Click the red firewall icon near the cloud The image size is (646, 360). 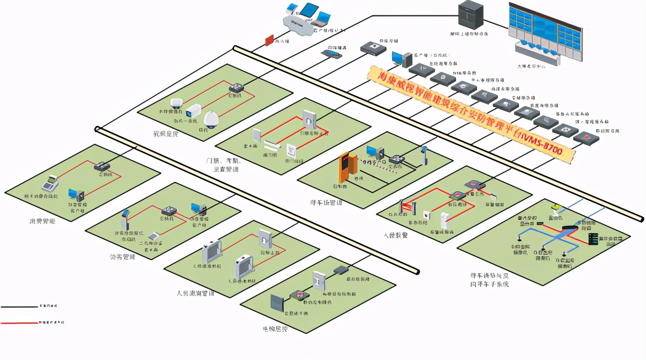pyautogui.click(x=269, y=40)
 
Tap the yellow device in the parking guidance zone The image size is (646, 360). pyautogui.click(x=557, y=208)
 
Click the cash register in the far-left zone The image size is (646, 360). pyautogui.click(x=51, y=182)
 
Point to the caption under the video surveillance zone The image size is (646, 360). pyautogui.click(x=166, y=134)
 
